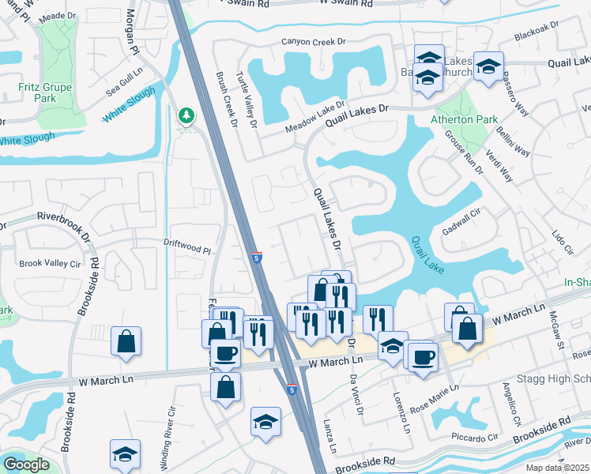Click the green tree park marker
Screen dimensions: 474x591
[x=186, y=116]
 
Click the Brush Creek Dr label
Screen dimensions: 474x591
[x=226, y=100]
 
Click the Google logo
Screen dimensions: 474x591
[x=27, y=465]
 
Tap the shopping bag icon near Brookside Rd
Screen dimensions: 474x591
[x=126, y=341]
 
